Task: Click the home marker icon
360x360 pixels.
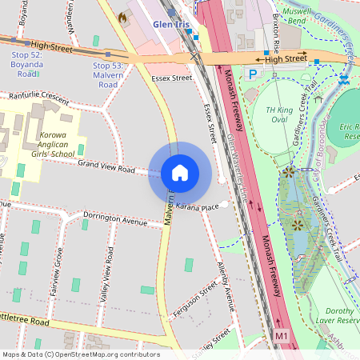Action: click(180, 173)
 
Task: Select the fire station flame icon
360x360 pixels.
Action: click(122, 16)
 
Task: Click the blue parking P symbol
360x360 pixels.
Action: click(253, 74)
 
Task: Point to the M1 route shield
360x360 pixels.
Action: click(281, 337)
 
